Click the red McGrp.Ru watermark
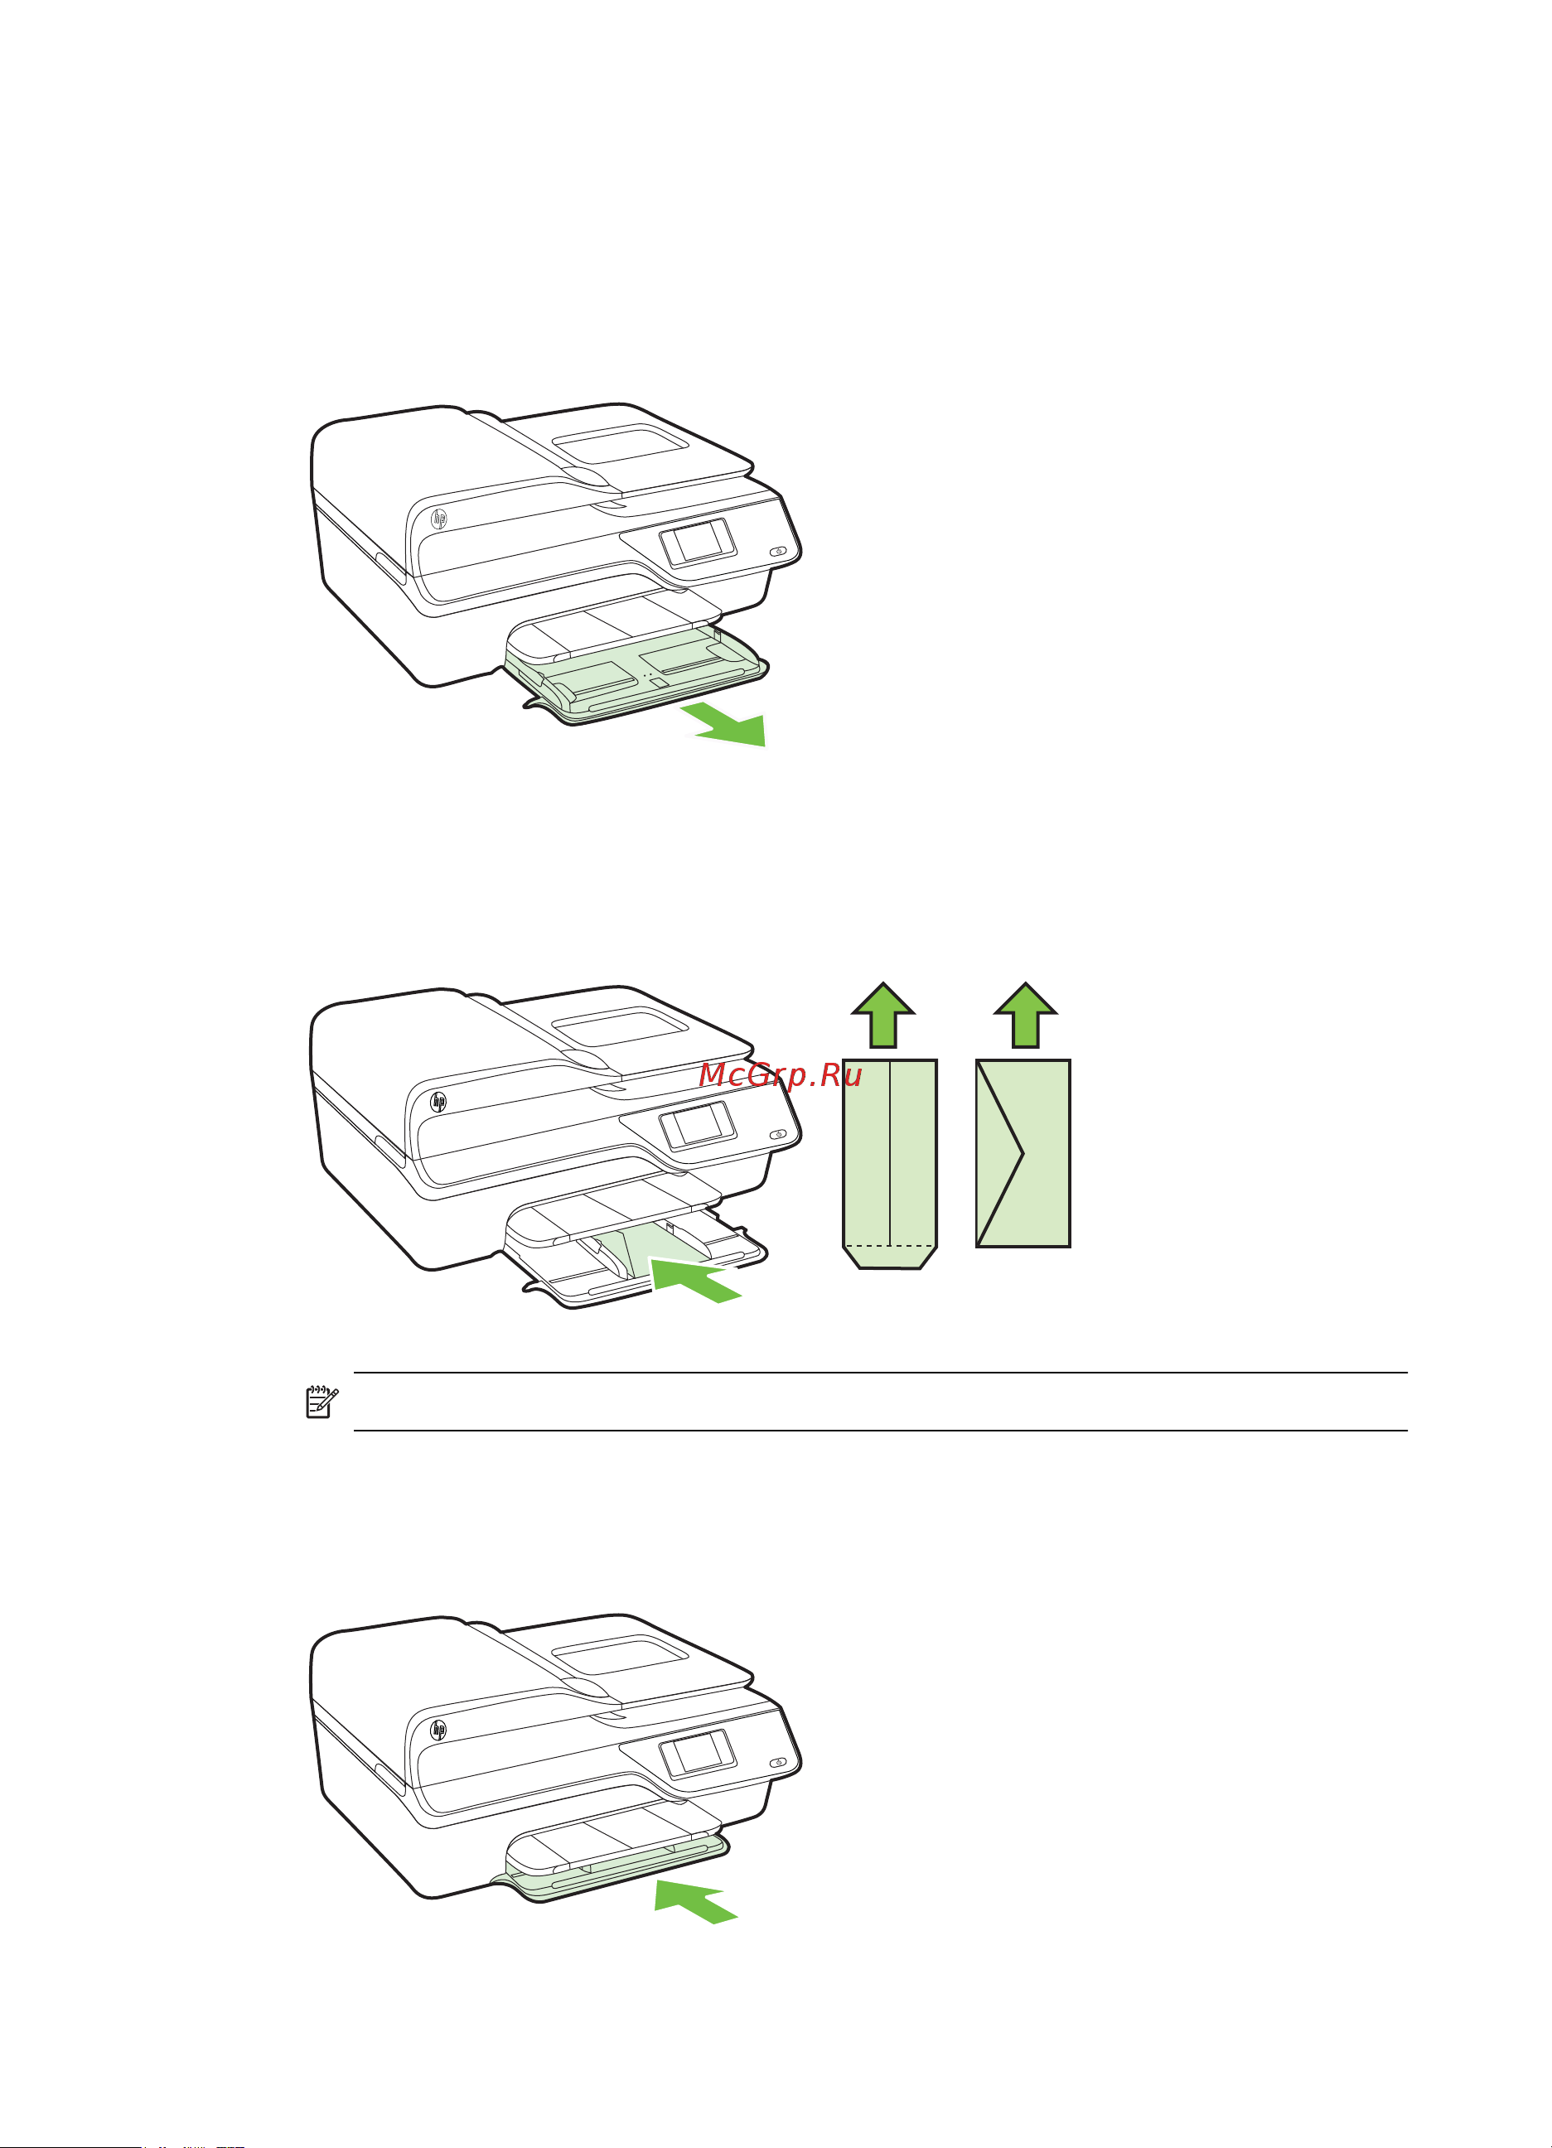click(x=781, y=1076)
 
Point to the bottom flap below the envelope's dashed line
click(x=890, y=1257)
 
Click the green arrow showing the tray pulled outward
click(x=728, y=725)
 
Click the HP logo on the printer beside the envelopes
click(x=438, y=1102)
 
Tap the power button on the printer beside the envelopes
click(x=778, y=1134)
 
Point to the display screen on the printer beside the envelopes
click(x=699, y=1126)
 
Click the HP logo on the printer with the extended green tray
click(x=438, y=519)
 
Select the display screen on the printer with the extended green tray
click(x=699, y=543)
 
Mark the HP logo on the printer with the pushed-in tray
click(x=438, y=1730)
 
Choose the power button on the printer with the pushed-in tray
click(x=778, y=1763)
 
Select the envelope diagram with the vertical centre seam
click(x=890, y=1164)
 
